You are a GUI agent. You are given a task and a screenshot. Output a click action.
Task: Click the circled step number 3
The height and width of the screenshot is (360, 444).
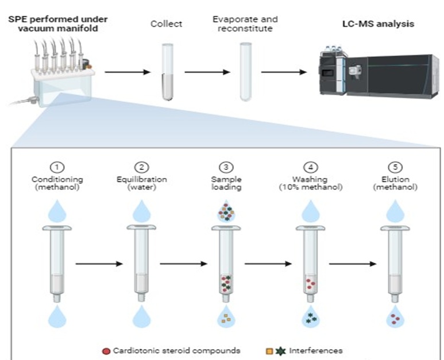(x=226, y=167)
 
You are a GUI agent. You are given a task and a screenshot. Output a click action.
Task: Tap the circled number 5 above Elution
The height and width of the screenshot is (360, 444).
(x=395, y=167)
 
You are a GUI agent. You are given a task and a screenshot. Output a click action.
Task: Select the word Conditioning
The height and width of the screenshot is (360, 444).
(x=57, y=180)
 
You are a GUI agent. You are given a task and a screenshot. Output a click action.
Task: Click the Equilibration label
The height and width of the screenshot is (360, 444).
(x=141, y=180)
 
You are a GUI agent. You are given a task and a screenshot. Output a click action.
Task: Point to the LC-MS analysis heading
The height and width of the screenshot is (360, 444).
(x=379, y=24)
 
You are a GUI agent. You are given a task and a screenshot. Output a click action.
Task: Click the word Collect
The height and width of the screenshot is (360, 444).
(x=166, y=24)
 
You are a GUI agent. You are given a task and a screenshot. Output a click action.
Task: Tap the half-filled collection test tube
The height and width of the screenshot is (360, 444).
(x=167, y=72)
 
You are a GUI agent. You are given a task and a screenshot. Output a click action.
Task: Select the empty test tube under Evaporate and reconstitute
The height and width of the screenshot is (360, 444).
(x=245, y=72)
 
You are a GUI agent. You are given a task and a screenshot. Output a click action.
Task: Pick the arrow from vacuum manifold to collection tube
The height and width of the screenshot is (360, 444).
(x=128, y=72)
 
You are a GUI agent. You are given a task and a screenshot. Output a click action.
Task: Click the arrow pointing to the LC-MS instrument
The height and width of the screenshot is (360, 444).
(x=284, y=72)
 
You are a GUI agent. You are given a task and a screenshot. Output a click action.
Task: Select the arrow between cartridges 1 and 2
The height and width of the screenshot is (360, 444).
(x=99, y=264)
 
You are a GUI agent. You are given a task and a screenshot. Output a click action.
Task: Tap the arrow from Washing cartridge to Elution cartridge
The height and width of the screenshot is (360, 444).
(x=353, y=264)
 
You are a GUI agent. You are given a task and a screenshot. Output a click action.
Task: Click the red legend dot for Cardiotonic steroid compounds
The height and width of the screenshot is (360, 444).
(x=106, y=351)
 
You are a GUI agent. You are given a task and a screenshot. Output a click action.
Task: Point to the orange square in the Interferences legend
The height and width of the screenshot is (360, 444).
(x=269, y=351)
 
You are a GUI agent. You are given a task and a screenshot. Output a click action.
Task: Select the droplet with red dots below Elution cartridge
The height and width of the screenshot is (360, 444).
(x=395, y=318)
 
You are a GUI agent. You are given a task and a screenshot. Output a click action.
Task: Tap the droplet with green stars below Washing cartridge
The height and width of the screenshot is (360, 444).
(x=311, y=318)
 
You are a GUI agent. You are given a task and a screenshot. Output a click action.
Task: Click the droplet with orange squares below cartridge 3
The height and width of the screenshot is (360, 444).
(x=226, y=318)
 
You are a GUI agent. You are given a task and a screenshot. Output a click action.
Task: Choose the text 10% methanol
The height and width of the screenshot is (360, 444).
(x=311, y=187)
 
